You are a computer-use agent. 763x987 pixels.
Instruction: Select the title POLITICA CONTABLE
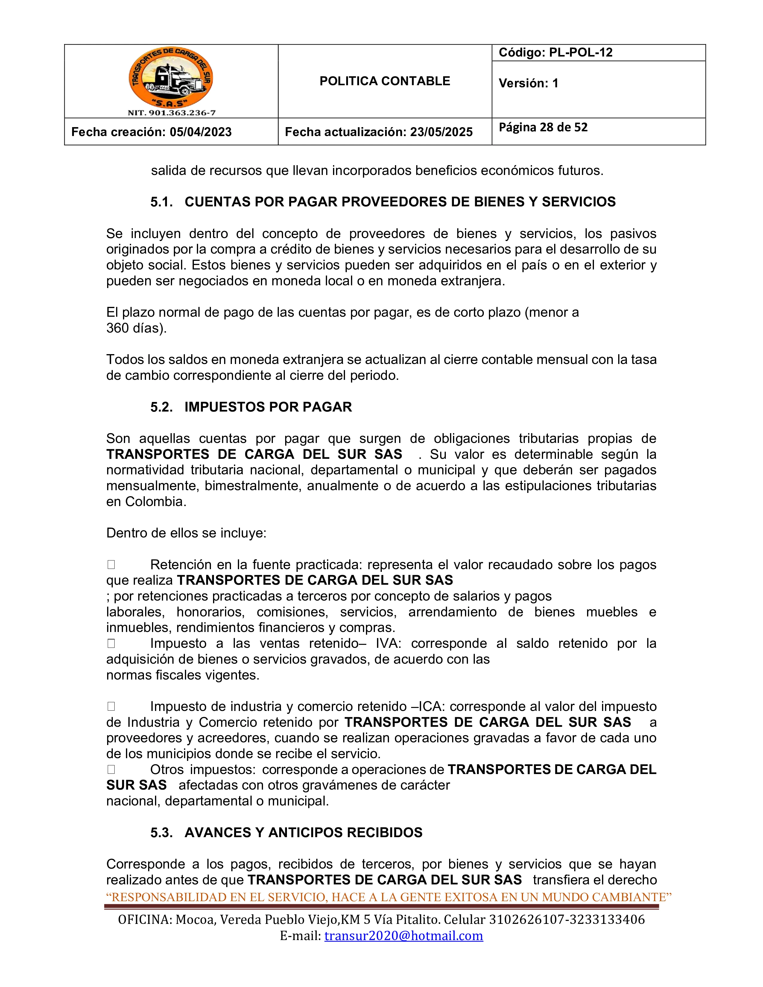(x=385, y=81)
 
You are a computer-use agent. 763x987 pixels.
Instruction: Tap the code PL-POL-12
(x=580, y=52)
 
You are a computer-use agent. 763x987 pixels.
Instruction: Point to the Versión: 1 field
(x=528, y=83)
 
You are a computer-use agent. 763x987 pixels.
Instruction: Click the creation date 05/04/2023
(x=201, y=132)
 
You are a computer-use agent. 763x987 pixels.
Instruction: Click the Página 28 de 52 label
(x=543, y=127)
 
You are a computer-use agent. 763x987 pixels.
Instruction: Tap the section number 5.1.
(x=161, y=202)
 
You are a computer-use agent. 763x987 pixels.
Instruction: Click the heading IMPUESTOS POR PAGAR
(x=268, y=407)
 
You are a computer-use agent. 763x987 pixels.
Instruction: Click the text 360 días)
(x=136, y=328)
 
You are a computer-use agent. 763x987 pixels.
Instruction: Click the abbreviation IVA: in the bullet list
(x=388, y=644)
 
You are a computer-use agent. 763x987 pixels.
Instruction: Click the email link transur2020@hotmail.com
(x=404, y=936)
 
